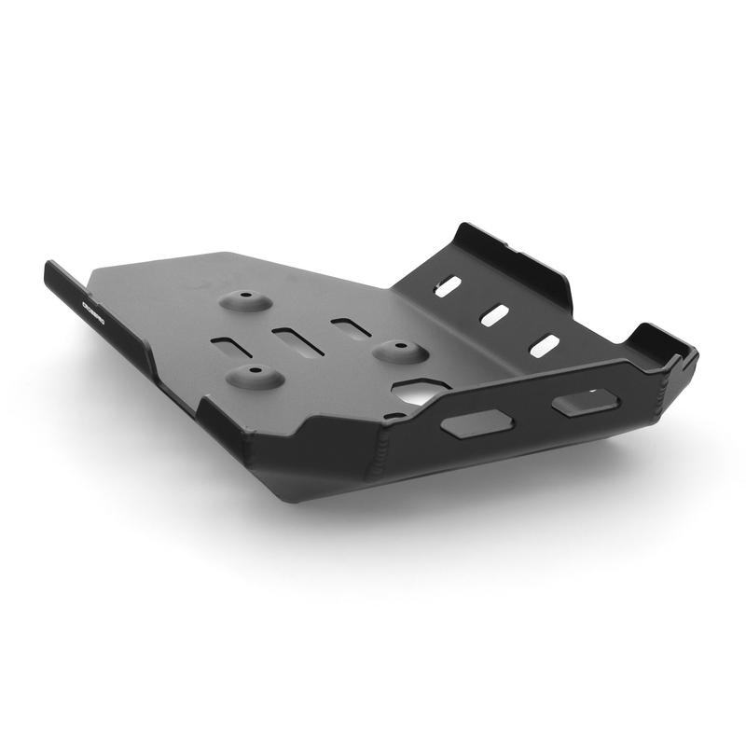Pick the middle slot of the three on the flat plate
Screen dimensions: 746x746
coord(297,341)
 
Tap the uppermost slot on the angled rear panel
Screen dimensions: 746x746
coord(448,286)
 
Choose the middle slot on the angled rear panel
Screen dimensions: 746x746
coord(494,314)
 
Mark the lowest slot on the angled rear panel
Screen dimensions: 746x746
coord(544,345)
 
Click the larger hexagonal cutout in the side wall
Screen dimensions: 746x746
coord(476,424)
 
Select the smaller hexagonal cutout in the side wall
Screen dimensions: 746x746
coord(584,402)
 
